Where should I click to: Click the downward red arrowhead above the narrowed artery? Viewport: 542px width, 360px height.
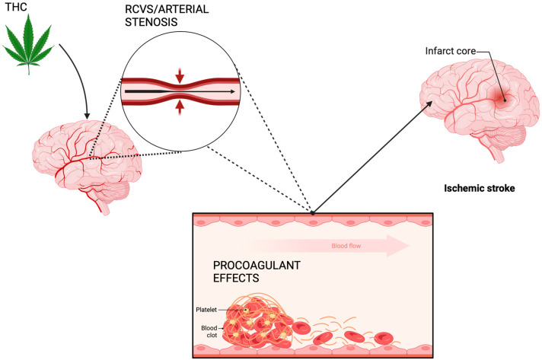180,75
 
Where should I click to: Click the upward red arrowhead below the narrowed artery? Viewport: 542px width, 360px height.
180,108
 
